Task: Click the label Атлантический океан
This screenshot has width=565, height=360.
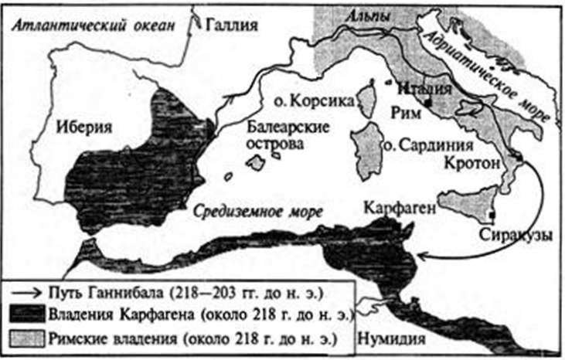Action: pos(90,25)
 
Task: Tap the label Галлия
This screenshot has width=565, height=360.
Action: pos(231,25)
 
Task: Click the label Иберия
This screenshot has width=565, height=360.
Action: pos(84,127)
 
